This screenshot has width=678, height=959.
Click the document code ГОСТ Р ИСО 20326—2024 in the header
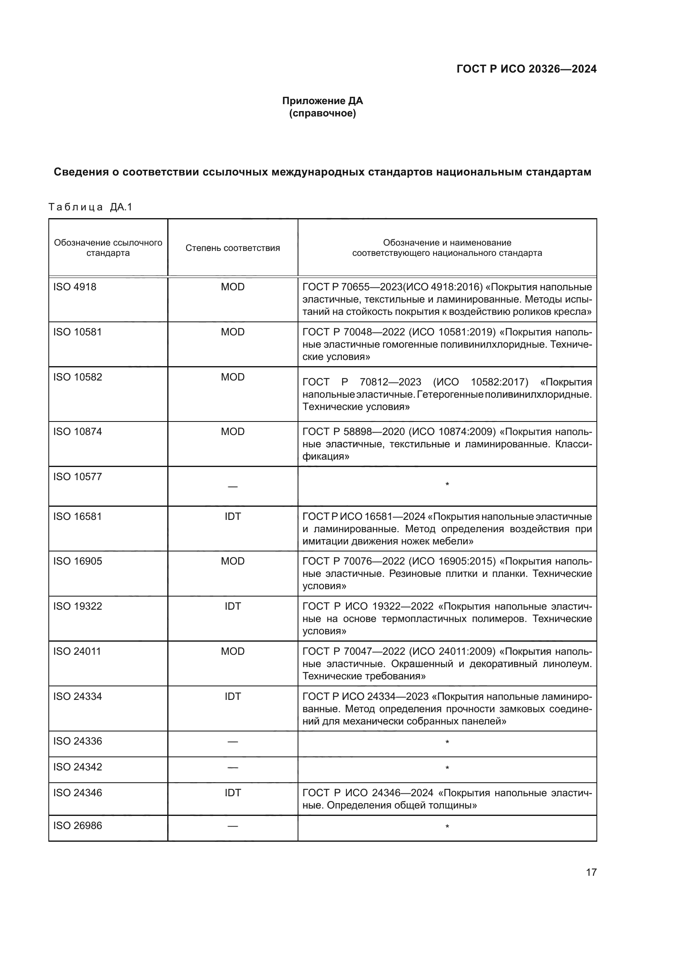point(526,69)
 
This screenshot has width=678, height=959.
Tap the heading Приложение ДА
point(322,101)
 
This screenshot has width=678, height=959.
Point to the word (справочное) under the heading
point(322,113)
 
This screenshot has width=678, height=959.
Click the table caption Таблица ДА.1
point(90,207)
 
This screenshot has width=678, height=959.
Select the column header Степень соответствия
point(232,248)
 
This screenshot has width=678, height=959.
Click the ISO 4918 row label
point(75,287)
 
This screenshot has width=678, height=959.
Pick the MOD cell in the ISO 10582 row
point(232,377)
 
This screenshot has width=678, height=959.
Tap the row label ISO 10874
point(77,431)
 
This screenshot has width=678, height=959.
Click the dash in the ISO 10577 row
point(232,487)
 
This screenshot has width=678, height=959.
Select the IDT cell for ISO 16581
point(232,517)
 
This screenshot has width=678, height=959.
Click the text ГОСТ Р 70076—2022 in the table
point(354,561)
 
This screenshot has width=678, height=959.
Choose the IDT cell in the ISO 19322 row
point(232,606)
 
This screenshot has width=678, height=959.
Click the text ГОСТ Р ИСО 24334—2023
point(365,697)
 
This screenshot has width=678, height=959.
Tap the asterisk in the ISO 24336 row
point(447,743)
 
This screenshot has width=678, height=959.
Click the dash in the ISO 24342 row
point(232,767)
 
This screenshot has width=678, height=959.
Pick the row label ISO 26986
point(77,826)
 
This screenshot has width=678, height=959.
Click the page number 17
point(591,872)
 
